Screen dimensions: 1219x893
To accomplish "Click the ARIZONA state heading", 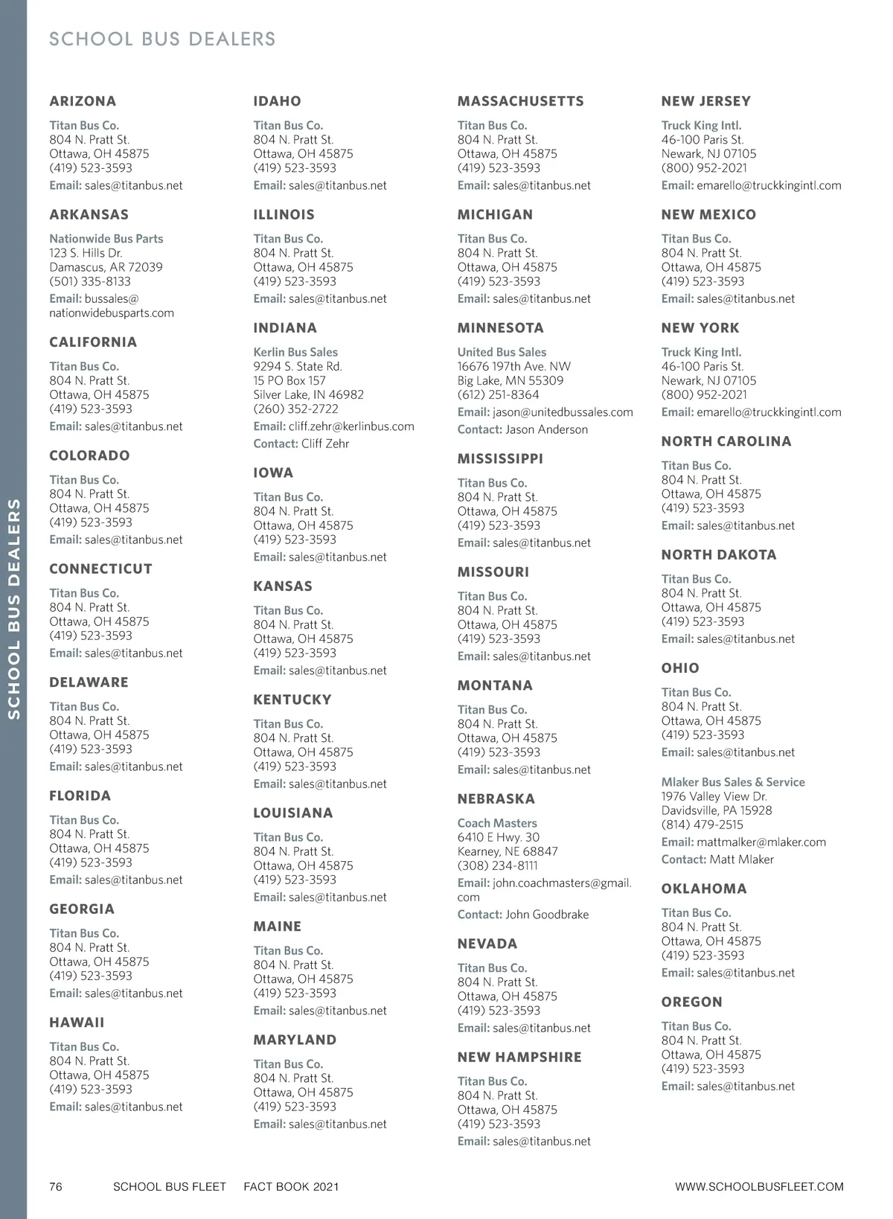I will [83, 101].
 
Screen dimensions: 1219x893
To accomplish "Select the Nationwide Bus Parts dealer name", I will [106, 239].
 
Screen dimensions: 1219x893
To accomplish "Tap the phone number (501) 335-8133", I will [90, 281].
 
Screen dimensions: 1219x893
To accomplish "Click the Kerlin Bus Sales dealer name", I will [295, 352].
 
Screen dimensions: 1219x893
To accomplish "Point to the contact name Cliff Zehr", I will [325, 444].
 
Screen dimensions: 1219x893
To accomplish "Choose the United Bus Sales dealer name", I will [502, 352].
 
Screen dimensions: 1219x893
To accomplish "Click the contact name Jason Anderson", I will [546, 429].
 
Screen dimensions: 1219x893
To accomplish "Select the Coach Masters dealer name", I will [497, 823].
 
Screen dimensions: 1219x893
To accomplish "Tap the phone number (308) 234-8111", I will [498, 866].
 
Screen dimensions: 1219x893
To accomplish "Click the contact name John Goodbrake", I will [547, 915].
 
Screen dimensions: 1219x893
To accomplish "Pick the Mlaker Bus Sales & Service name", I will [733, 782].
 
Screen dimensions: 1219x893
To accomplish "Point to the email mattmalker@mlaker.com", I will [761, 842].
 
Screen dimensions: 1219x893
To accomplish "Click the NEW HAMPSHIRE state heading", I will [519, 1058].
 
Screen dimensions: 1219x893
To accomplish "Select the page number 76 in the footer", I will [56, 1187].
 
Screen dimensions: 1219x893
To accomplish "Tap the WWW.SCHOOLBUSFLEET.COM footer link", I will [759, 1187].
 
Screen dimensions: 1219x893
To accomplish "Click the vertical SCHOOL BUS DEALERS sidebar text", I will [14, 609].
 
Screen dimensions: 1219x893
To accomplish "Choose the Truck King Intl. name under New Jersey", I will [701, 126].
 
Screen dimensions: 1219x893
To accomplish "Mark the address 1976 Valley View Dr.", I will [714, 796].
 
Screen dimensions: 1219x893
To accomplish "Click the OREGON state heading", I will [692, 1002].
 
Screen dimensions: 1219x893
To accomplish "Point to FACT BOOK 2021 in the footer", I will [291, 1187].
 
